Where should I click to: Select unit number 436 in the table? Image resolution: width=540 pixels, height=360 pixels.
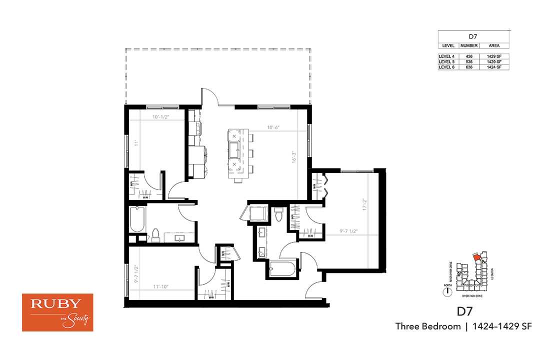click(x=469, y=56)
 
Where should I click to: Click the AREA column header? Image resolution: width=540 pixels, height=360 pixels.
click(x=493, y=45)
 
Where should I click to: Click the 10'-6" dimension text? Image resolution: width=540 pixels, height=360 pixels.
click(x=272, y=127)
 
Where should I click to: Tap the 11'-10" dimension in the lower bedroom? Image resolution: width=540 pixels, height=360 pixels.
click(x=161, y=287)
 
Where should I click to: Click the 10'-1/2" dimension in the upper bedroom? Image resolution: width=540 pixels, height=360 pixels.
click(x=161, y=118)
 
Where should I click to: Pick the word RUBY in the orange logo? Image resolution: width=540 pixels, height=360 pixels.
click(x=56, y=304)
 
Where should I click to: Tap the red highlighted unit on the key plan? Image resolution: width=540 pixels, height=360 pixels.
click(x=477, y=257)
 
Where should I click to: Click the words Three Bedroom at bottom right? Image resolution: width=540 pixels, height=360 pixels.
click(x=427, y=326)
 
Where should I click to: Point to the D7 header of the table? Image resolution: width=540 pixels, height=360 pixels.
click(x=473, y=36)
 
